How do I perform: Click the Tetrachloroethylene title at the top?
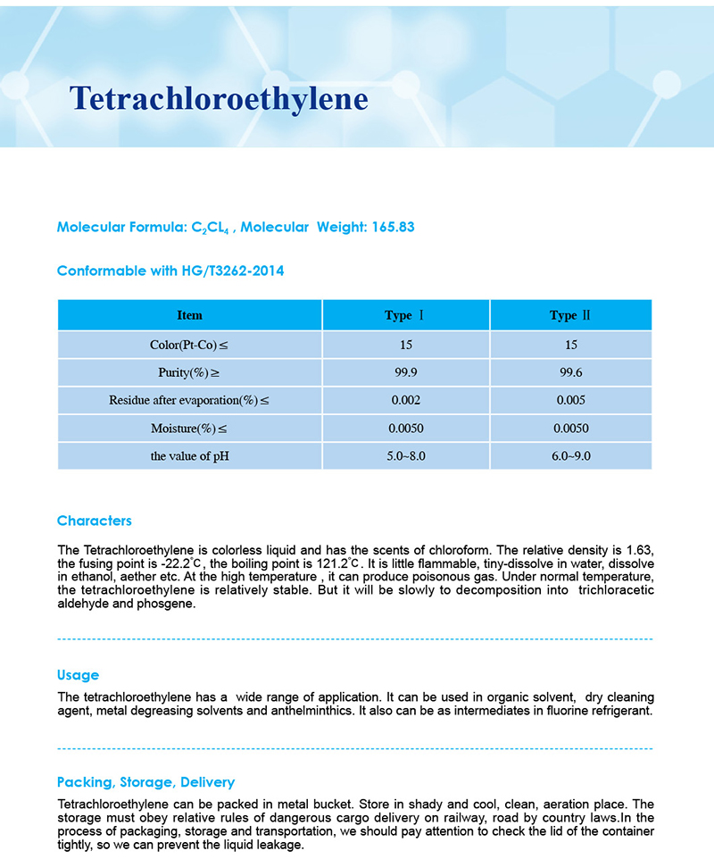point(219,98)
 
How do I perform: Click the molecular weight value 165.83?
point(389,227)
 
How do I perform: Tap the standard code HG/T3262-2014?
point(232,271)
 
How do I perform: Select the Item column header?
point(189,315)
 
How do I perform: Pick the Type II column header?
point(570,315)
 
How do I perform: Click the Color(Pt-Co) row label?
point(189,345)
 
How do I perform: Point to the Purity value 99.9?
point(405,372)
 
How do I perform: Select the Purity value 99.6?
point(570,372)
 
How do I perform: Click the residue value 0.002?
point(405,401)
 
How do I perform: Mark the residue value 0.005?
point(570,401)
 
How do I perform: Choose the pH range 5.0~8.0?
point(405,456)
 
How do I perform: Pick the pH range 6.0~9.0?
point(570,456)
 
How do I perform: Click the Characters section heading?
point(94,521)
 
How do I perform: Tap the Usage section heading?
point(78,675)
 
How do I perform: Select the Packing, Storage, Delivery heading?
point(145,782)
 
